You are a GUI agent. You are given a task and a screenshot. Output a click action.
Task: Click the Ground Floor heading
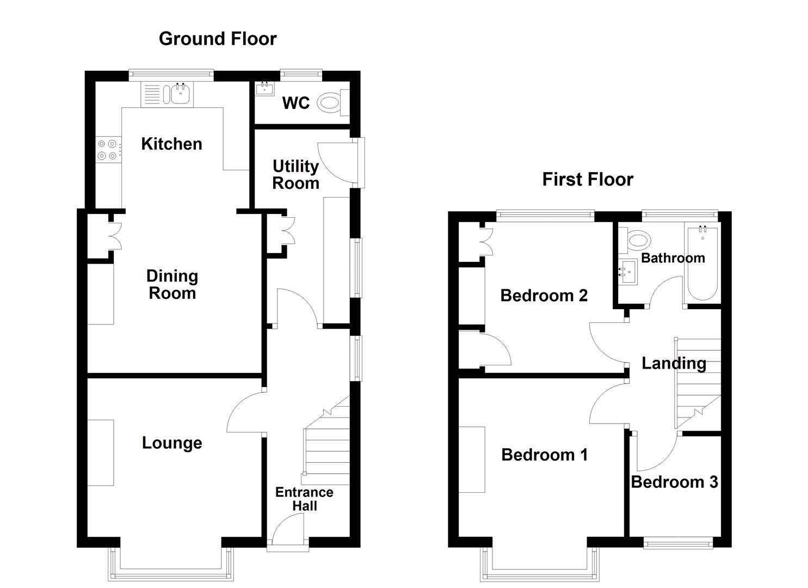pyautogui.click(x=218, y=39)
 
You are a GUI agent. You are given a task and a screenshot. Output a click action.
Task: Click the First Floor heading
pyautogui.click(x=588, y=179)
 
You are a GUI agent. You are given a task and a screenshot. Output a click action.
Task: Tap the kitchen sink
pyautogui.click(x=180, y=94)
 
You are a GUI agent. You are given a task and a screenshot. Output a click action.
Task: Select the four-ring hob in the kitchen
pyautogui.click(x=107, y=150)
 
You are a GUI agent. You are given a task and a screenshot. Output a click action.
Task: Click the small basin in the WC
pyautogui.click(x=265, y=88)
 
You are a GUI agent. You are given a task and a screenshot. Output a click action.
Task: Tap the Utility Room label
pyautogui.click(x=295, y=174)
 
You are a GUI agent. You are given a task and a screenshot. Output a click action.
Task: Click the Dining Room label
pyautogui.click(x=172, y=284)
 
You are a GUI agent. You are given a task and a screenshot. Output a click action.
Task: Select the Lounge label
pyautogui.click(x=172, y=443)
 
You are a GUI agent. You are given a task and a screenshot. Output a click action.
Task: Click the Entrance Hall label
pyautogui.click(x=304, y=499)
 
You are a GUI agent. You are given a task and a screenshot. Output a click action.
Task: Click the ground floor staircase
pyautogui.click(x=326, y=446)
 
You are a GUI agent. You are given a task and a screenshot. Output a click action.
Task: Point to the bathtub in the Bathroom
pyautogui.click(x=702, y=262)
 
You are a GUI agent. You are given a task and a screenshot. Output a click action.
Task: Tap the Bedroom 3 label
pyautogui.click(x=674, y=482)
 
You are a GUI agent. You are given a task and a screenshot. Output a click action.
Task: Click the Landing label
pyautogui.click(x=674, y=363)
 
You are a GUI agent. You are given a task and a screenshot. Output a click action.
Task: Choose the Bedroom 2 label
pyautogui.click(x=544, y=295)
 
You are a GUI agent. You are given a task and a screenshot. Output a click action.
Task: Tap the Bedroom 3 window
pyautogui.click(x=677, y=543)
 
